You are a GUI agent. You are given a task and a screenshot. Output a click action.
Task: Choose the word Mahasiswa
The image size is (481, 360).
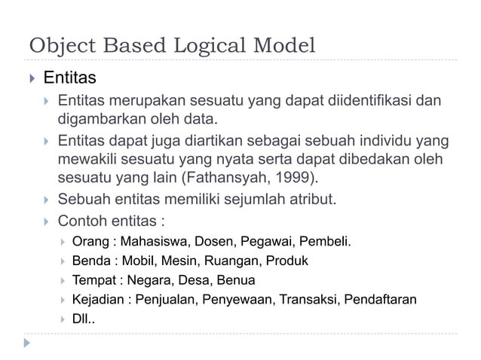pyautogui.click(x=155, y=242)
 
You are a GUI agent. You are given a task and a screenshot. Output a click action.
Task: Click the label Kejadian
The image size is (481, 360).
pyautogui.click(x=98, y=301)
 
